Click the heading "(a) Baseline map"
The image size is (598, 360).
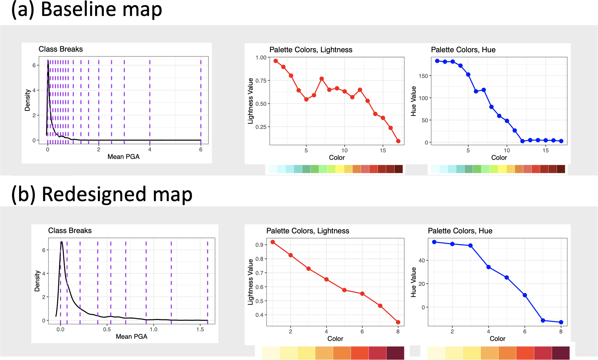pyautogui.click(x=87, y=9)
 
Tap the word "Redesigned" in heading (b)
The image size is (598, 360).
pyautogui.click(x=94, y=194)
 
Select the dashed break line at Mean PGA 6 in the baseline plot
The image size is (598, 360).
pyautogui.click(x=201, y=100)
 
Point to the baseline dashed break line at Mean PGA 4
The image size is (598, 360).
pyautogui.click(x=150, y=100)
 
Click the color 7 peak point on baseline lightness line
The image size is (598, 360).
pyautogui.click(x=322, y=79)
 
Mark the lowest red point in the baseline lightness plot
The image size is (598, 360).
pyautogui.click(x=398, y=141)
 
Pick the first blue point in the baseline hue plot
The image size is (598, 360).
pyautogui.click(x=437, y=61)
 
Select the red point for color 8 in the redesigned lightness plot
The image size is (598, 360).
pyautogui.click(x=398, y=322)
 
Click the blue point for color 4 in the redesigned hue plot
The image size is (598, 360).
pyautogui.click(x=489, y=267)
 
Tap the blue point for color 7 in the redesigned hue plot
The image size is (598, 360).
pyautogui.click(x=543, y=321)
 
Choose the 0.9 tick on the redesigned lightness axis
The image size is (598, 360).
pyautogui.click(x=259, y=245)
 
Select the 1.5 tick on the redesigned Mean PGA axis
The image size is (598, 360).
pyautogui.click(x=200, y=329)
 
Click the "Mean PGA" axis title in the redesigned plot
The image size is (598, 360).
pyautogui.click(x=131, y=337)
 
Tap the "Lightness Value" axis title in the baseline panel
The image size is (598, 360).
pyautogui.click(x=251, y=101)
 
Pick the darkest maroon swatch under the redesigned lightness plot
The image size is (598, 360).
pyautogui.click(x=395, y=353)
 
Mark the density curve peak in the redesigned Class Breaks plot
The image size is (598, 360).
pyautogui.click(x=62, y=242)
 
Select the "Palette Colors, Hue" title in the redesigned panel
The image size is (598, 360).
pyautogui.click(x=460, y=231)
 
